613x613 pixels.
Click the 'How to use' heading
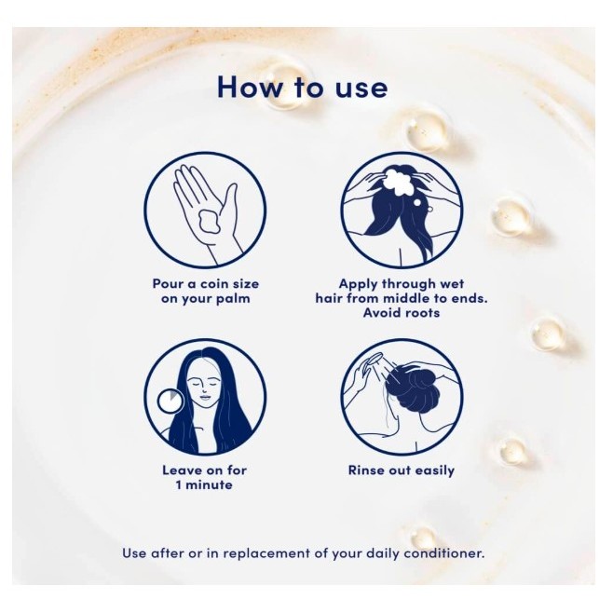pyautogui.click(x=302, y=87)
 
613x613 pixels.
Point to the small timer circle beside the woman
pyautogui.click(x=170, y=402)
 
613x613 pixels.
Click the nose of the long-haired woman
pyautogui.click(x=204, y=388)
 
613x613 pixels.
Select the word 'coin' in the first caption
pyautogui.click(x=214, y=284)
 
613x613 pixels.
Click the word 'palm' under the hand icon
pyautogui.click(x=234, y=299)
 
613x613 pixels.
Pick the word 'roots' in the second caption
pyautogui.click(x=422, y=313)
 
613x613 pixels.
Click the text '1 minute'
pyautogui.click(x=204, y=485)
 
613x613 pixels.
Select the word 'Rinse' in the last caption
pyautogui.click(x=366, y=470)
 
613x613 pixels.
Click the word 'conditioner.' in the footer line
pyautogui.click(x=444, y=553)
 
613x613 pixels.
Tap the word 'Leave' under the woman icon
pyautogui.click(x=179, y=470)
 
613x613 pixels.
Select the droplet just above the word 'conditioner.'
pyautogui.click(x=423, y=536)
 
